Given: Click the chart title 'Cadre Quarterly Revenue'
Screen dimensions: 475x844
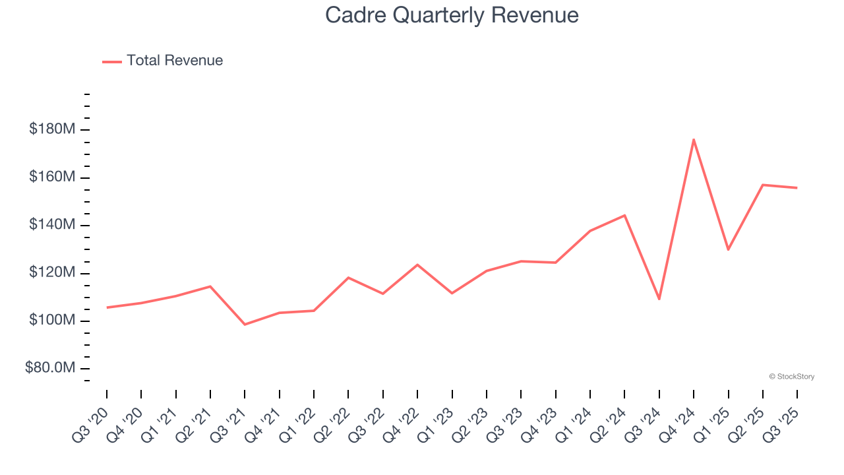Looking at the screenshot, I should (452, 15).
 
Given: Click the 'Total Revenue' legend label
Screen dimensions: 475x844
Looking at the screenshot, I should (175, 61).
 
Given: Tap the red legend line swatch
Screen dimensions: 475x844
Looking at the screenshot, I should (112, 61).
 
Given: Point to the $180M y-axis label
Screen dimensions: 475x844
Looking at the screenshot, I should (52, 129).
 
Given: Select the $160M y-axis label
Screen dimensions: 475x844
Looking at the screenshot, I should (52, 177).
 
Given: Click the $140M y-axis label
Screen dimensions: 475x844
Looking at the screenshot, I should (52, 225).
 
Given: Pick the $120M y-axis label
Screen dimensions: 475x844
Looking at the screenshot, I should (52, 273).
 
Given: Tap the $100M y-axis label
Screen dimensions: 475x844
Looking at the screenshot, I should (52, 321).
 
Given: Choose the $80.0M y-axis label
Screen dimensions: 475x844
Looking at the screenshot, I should (50, 368).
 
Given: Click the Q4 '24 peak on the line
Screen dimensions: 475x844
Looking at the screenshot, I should (694, 139).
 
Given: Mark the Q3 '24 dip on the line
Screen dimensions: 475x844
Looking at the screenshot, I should (659, 299).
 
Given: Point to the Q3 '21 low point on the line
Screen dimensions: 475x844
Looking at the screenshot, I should (245, 325).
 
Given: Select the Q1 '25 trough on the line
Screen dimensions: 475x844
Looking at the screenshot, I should (728, 249).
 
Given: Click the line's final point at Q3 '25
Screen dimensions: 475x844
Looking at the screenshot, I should (797, 188).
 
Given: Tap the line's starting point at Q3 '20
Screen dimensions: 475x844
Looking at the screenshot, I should (107, 307).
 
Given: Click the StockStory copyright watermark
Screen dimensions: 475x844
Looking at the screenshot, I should (791, 377).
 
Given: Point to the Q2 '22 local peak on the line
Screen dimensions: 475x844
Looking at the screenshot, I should (348, 278).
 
